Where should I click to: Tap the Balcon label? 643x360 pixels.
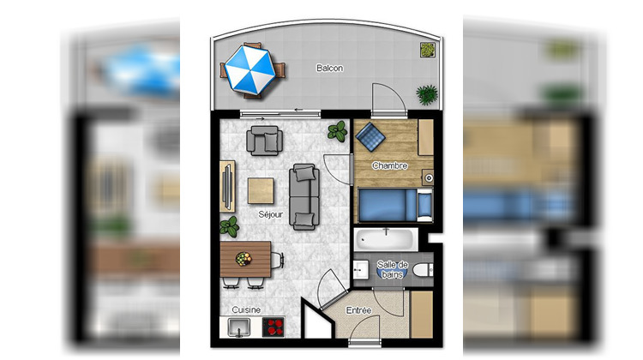point(329,69)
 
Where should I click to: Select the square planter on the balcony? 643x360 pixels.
point(424,50)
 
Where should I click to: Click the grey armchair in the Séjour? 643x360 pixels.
point(263,139)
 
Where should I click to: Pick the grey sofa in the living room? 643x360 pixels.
point(303,196)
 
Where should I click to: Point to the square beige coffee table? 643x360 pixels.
point(262,190)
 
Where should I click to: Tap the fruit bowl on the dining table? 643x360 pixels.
point(243,256)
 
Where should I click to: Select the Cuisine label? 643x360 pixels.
point(246,310)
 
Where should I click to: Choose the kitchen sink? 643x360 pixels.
point(237,327)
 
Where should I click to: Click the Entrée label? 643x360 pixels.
point(358,309)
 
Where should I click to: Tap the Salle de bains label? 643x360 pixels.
point(394,269)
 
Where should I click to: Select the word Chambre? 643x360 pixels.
point(389,166)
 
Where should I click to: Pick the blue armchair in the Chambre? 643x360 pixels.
point(371,135)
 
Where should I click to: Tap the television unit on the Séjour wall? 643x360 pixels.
point(226,185)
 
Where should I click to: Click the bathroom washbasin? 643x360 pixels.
point(360,271)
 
